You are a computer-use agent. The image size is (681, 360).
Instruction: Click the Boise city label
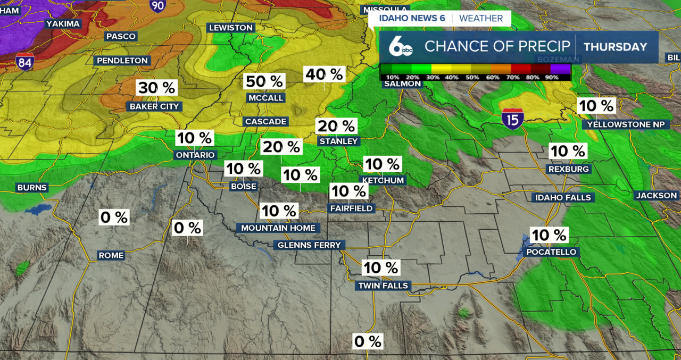coord(244,187)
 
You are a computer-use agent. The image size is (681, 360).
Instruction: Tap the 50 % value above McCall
coord(265,81)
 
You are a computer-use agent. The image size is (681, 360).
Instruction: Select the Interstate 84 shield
coord(25,62)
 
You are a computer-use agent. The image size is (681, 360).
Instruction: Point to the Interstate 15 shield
coord(512,118)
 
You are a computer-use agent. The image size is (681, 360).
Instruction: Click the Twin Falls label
coord(383,286)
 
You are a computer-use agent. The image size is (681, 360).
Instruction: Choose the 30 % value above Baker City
coord(156,88)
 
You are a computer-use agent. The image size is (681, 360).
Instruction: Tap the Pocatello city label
coord(551,252)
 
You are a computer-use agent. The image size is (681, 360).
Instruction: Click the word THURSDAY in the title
coord(615,47)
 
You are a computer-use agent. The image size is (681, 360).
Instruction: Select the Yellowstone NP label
coord(625,124)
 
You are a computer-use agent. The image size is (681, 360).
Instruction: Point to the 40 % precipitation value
coord(324,74)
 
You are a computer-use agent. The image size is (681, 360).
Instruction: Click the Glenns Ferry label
coord(309,245)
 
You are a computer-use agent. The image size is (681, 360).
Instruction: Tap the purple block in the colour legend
coord(560,69)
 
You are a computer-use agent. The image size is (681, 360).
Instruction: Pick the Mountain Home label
coord(278,228)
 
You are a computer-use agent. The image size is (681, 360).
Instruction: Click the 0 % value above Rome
coord(114,217)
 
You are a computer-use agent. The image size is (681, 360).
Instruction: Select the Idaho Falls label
coord(563,197)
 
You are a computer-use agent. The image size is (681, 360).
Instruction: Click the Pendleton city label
coord(122,61)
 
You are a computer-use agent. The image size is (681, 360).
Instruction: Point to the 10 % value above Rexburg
coord(568,151)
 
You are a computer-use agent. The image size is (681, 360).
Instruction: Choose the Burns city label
coord(32,188)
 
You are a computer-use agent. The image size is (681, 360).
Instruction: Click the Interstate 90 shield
coord(157,5)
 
